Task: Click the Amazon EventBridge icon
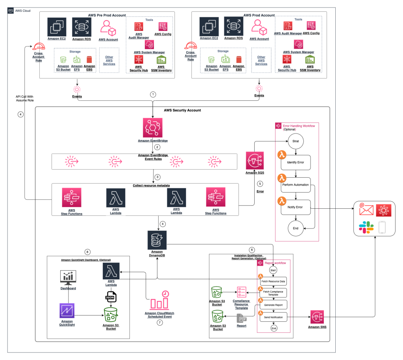click(153, 127)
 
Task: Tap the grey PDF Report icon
click(241, 319)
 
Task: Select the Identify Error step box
click(296, 162)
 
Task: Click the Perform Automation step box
click(296, 184)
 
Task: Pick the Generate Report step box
click(273, 304)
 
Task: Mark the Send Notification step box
click(273, 317)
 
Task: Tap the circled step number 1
click(153, 95)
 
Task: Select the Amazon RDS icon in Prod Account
click(233, 26)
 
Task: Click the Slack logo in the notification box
click(366, 228)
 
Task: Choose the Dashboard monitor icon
click(68, 278)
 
